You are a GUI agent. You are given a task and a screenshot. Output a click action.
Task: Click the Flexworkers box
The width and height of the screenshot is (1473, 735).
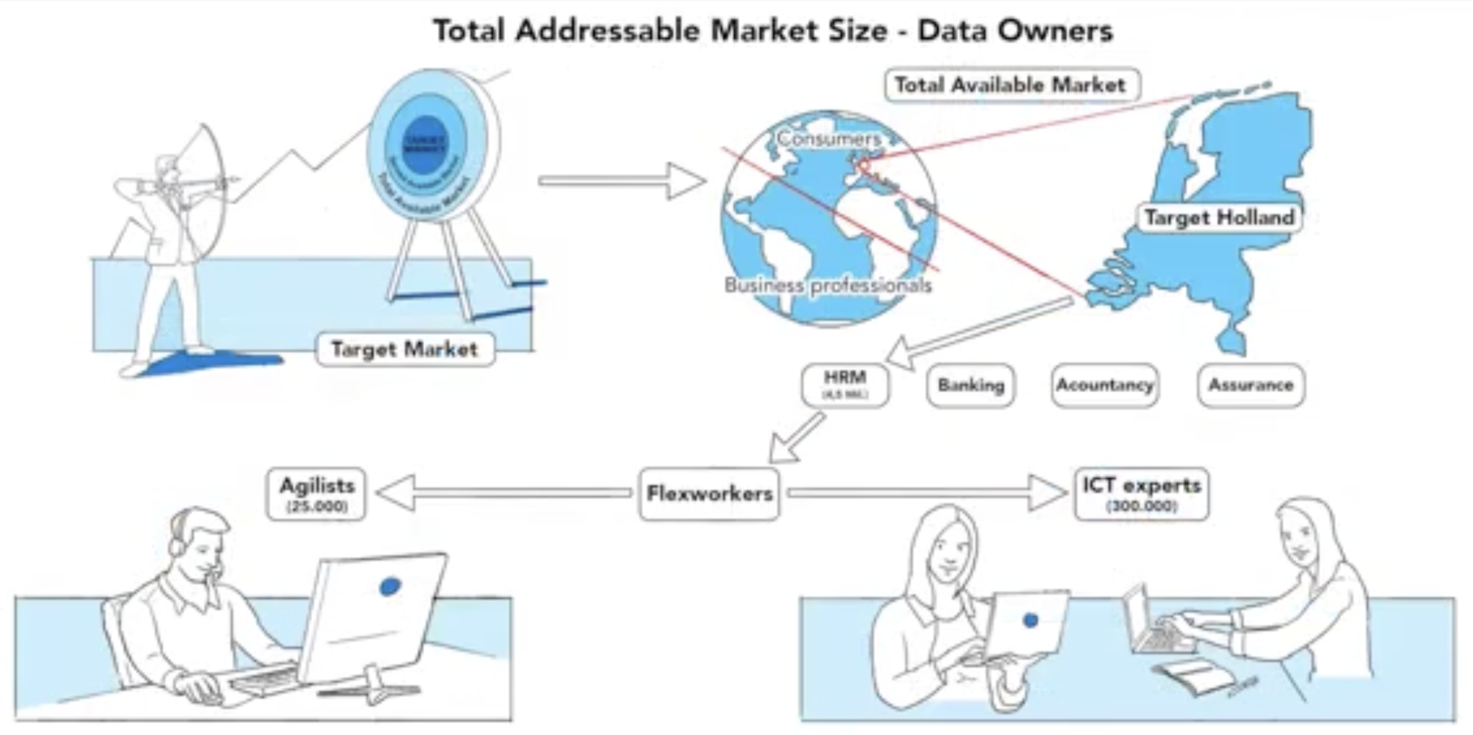pos(708,493)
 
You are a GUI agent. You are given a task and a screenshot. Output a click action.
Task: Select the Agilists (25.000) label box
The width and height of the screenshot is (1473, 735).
pos(316,494)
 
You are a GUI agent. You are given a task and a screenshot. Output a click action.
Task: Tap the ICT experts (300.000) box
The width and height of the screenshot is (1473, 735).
pos(1142,494)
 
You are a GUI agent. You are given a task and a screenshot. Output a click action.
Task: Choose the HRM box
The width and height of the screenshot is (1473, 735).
pos(845,385)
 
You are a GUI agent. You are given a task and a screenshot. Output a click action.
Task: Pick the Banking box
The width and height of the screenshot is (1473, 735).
pos(970,385)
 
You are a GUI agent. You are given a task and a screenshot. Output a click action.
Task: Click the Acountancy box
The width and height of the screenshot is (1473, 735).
pos(1104,385)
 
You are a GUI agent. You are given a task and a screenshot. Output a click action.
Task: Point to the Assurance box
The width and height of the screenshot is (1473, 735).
pos(1250,385)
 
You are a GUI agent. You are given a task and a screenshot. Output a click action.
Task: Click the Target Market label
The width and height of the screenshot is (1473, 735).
pos(404,350)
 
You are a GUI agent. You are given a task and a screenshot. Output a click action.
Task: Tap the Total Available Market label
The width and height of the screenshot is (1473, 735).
pos(1011,85)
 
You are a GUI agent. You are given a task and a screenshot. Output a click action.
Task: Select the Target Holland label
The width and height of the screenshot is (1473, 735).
pos(1219,217)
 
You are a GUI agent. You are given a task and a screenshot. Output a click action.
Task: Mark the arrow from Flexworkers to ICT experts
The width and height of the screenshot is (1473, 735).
pos(925,493)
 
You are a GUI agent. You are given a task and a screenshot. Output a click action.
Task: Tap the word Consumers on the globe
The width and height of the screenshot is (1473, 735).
pos(828,139)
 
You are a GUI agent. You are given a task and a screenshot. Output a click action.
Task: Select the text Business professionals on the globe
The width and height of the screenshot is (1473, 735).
pos(828,285)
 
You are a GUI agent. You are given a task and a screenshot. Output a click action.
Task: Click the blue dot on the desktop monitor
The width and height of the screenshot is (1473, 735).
pos(389,587)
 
